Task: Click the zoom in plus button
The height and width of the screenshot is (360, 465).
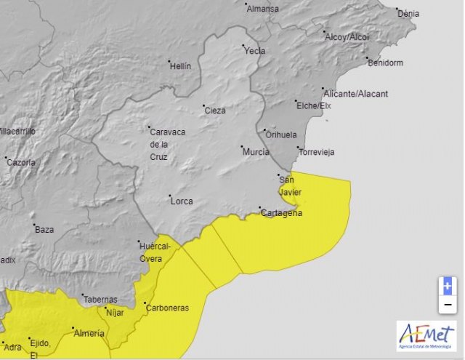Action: click(x=448, y=286)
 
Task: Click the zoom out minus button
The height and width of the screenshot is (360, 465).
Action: click(x=448, y=304)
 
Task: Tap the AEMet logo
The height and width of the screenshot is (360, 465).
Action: click(x=426, y=337)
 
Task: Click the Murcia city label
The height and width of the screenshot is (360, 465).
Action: click(x=256, y=152)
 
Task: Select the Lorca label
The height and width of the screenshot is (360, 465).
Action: click(x=181, y=199)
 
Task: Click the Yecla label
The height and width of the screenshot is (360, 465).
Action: click(x=255, y=51)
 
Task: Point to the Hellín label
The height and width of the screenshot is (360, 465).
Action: click(x=179, y=66)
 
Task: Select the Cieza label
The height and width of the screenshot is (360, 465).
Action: click(x=215, y=111)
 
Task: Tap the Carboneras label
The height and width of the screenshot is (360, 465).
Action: click(x=167, y=308)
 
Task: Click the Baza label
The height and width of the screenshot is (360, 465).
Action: click(x=44, y=229)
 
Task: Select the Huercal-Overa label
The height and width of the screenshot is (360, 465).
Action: click(x=155, y=252)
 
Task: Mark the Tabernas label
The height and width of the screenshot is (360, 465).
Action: click(x=100, y=299)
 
